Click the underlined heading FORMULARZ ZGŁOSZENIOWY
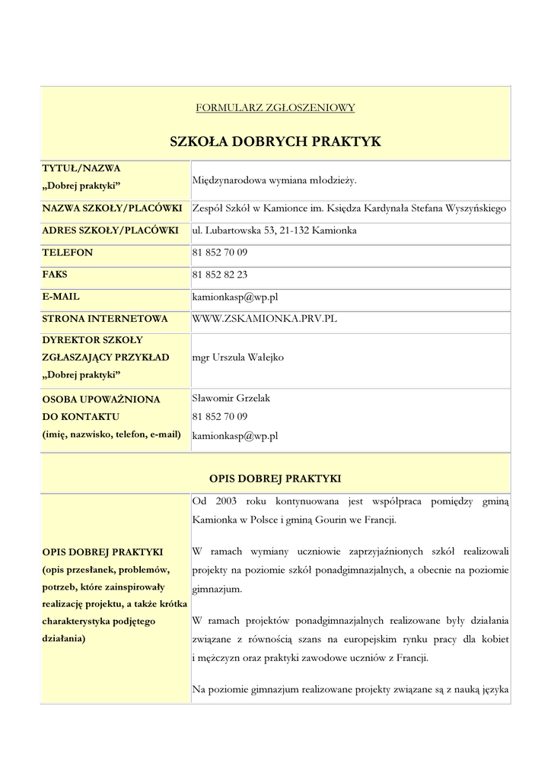pos(275,108)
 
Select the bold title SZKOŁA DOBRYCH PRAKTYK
pos(275,141)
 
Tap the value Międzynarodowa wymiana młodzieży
pos(274,180)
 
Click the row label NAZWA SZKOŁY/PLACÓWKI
pos(112,208)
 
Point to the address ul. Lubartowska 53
pos(237,230)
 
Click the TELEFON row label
pos(67,252)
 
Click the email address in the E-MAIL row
pos(234,296)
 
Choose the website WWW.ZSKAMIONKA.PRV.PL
pos(264,318)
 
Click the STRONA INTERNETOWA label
pos(105,318)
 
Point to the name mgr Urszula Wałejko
pos(239,357)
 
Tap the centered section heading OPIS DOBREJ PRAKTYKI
pos(275,479)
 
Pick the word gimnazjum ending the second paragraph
pos(215,589)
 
